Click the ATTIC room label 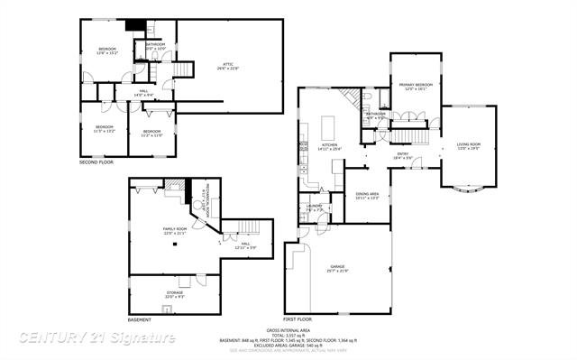tap(229, 64)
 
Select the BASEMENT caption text tap(140, 320)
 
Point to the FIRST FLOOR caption tap(298, 320)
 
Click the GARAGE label tap(338, 267)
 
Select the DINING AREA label tap(367, 195)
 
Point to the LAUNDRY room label tap(315, 208)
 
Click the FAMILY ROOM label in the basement tap(175, 230)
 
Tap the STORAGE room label tap(175, 294)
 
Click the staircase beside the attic tap(185, 69)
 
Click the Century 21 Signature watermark tap(97, 337)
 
